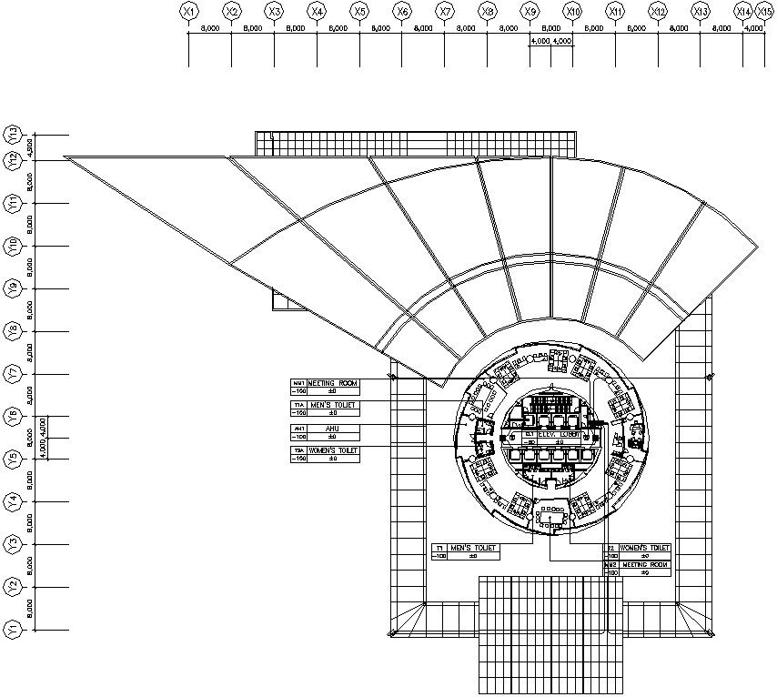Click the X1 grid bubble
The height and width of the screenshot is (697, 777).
188,11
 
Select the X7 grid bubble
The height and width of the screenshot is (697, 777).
444,11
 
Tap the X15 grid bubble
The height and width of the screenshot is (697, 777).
764,11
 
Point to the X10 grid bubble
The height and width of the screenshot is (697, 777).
572,11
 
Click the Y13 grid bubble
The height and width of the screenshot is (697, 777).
13,134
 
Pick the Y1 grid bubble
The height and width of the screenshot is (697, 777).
13,629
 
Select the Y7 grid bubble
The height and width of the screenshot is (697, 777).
13,374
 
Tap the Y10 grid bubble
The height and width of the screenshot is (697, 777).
13,246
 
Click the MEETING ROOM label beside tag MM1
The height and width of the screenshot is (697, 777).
333,383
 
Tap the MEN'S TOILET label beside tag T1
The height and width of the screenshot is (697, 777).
475,548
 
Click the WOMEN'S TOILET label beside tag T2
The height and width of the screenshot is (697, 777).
645,548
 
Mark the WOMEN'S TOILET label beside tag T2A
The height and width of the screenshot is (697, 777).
333,450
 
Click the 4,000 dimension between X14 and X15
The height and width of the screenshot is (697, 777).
753,29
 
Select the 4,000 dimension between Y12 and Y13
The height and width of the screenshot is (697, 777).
30,146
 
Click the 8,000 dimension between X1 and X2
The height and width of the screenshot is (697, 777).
210,29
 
